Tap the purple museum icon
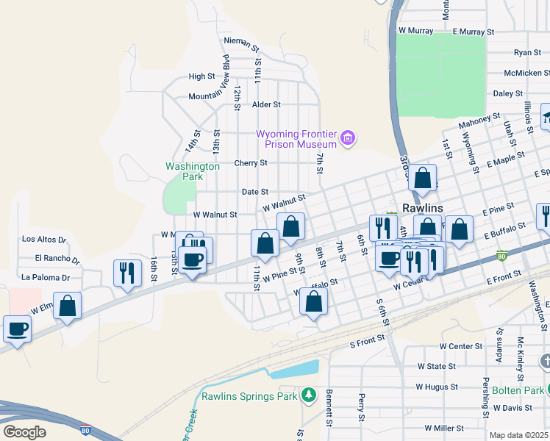click(x=349, y=137)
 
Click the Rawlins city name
click(x=421, y=208)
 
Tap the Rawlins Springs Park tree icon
click(x=309, y=396)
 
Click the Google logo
click(x=24, y=431)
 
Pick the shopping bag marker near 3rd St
click(x=423, y=179)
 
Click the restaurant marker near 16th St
click(x=127, y=273)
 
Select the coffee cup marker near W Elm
click(x=17, y=329)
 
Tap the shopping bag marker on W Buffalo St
click(x=313, y=301)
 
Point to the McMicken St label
click(x=527, y=73)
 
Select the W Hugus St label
click(x=437, y=386)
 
